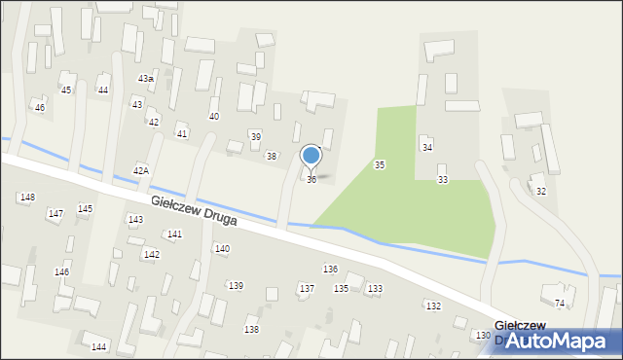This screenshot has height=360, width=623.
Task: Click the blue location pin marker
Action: [311, 156]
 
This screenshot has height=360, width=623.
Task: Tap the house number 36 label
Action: [311, 180]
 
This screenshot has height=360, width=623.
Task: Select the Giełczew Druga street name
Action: [195, 210]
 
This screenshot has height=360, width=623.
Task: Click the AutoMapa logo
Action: [559, 341]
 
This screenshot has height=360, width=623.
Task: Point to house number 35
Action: [380, 165]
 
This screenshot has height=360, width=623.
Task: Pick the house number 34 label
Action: [426, 147]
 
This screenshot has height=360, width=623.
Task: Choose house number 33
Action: [443, 180]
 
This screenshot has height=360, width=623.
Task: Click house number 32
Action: [540, 192]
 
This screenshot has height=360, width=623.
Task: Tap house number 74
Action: [559, 304]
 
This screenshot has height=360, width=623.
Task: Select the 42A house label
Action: [141, 170]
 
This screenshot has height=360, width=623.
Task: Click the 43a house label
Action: [145, 78]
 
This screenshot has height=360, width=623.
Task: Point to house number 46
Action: [40, 107]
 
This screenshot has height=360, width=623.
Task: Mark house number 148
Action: [27, 198]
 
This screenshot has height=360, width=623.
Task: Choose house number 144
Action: [98, 347]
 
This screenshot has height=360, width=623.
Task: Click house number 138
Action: [251, 330]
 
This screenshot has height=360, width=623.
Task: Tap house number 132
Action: [433, 306]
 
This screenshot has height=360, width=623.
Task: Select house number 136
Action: [330, 269]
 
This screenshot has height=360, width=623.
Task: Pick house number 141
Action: [174, 234]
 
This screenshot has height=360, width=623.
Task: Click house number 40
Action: [214, 117]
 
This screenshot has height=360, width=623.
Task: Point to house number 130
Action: [483, 336]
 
